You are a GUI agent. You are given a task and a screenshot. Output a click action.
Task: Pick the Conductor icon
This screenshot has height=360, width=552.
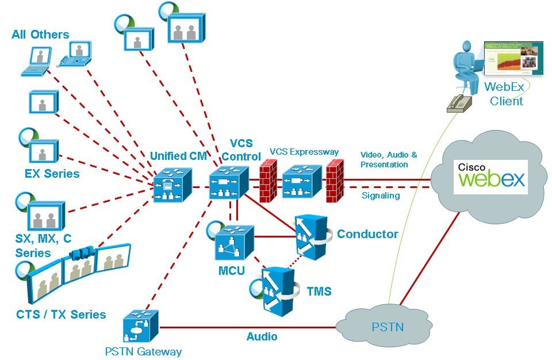[x=310, y=235]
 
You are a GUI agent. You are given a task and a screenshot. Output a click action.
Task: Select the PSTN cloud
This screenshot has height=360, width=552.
[x=386, y=326]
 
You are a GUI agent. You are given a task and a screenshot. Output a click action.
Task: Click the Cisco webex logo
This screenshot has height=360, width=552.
[x=491, y=176]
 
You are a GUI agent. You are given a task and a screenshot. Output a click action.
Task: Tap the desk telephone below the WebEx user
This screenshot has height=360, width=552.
[x=460, y=103]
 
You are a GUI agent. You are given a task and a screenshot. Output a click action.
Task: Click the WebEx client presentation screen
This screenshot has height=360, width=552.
[x=513, y=58]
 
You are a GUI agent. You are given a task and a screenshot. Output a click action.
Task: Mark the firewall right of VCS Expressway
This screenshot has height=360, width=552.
[x=333, y=181]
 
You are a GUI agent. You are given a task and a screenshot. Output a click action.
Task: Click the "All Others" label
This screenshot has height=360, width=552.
[x=40, y=35]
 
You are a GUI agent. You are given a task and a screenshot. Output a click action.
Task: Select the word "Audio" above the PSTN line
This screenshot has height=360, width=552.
[x=262, y=336]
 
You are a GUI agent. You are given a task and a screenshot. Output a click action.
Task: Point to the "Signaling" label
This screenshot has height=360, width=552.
[x=381, y=196]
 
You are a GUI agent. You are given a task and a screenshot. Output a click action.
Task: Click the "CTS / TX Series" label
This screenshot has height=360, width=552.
[x=61, y=315]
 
